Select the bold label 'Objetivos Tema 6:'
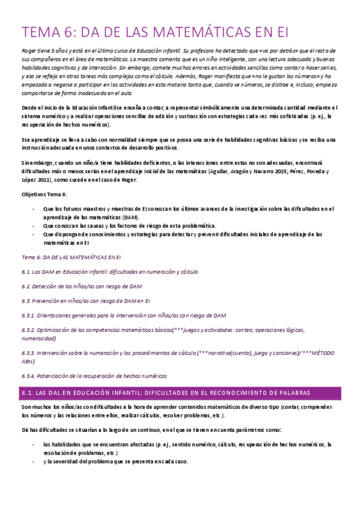point(44,195)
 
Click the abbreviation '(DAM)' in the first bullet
point(130,217)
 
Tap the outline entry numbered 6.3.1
point(123,316)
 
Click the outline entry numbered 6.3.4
point(94,376)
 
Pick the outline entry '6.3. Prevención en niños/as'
point(85,301)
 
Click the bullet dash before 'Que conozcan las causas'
point(32,226)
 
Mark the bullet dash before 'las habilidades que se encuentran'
point(32,444)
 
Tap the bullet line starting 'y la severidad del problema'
point(115,461)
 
